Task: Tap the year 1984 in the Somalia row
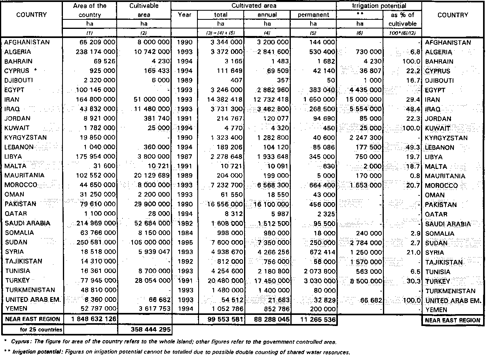point(184,233)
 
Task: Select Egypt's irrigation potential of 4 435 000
point(364,90)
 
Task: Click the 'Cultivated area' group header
point(254,6)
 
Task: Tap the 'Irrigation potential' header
point(379,6)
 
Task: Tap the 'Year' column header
point(184,15)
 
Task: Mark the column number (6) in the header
point(360,33)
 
